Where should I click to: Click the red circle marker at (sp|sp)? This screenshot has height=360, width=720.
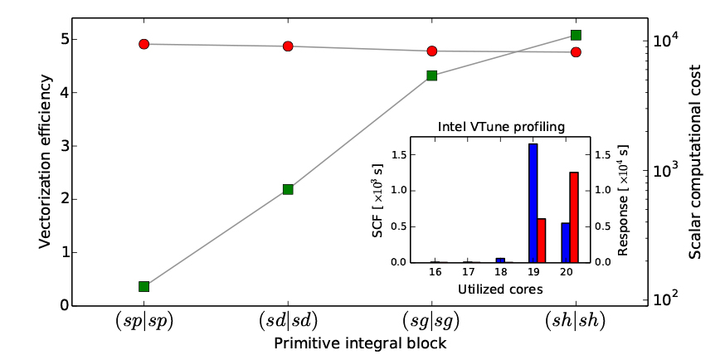pos(144,44)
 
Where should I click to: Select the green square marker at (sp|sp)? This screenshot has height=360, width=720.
pos(144,286)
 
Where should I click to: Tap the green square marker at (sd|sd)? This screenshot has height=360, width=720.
pos(288,189)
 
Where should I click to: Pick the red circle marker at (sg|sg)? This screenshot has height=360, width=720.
pos(431,51)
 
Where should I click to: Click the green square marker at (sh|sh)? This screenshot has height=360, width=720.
pos(576,35)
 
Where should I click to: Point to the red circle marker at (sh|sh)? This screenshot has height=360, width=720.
pos(576,52)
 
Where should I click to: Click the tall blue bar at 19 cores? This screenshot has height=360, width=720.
pos(533,203)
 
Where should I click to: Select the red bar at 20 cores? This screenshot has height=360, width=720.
pos(573,217)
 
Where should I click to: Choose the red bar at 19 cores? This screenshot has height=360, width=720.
pos(541,241)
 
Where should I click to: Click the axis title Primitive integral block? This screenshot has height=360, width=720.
pos(359,342)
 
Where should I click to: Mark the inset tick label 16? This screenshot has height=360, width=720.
pos(434,271)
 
